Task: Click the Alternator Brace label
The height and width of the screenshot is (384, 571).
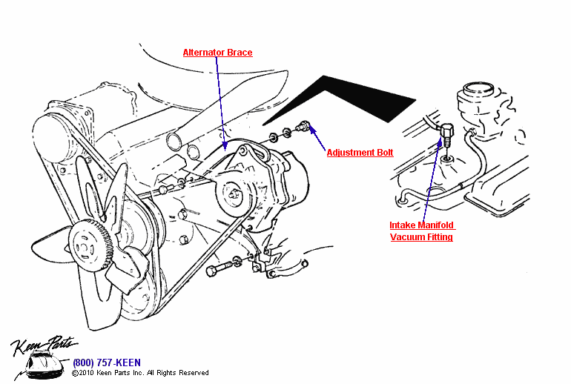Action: [217, 53]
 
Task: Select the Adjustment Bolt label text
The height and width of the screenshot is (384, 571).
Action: [360, 153]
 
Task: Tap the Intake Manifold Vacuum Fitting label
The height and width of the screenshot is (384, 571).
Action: [421, 231]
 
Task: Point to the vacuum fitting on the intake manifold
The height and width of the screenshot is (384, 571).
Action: [447, 136]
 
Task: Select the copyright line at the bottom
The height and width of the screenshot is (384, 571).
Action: [140, 373]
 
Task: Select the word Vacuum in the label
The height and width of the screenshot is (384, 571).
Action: [409, 237]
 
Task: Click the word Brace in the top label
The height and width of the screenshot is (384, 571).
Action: [240, 53]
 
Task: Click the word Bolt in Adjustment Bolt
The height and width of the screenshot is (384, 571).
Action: [383, 153]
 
